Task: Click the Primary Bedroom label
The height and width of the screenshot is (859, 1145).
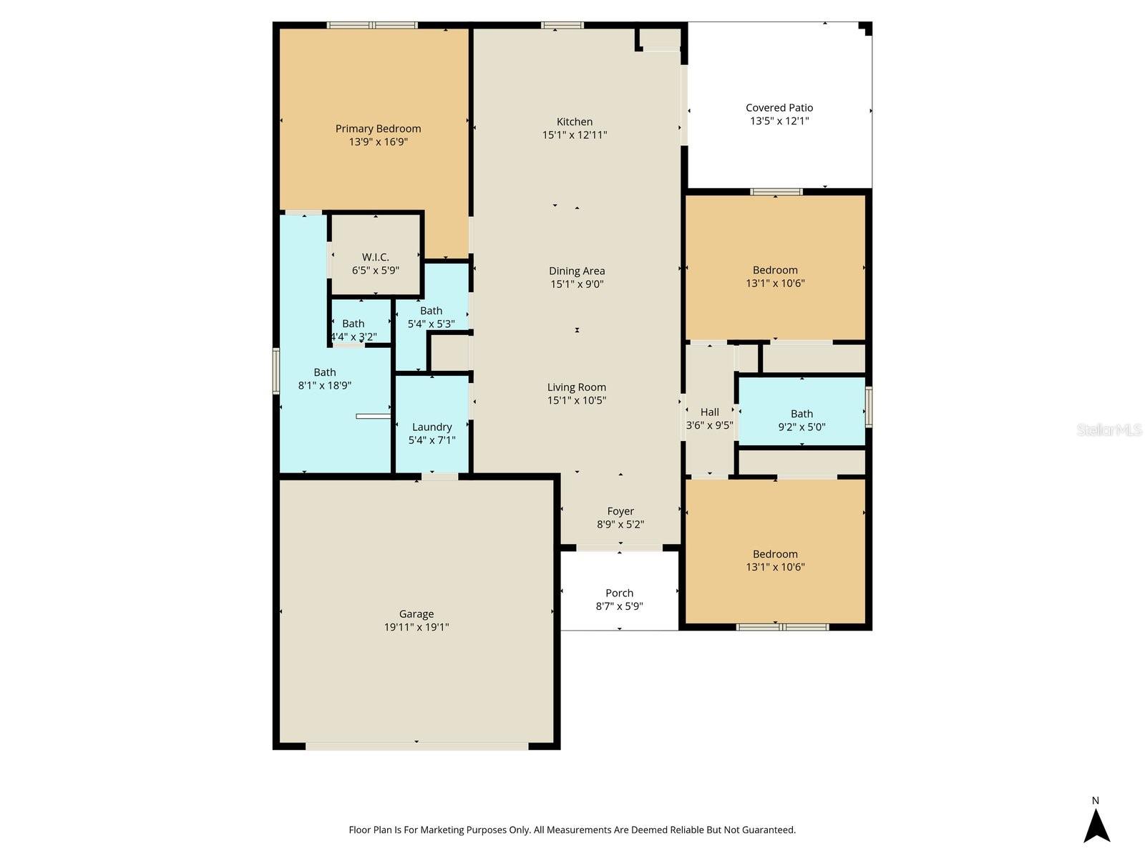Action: (378, 129)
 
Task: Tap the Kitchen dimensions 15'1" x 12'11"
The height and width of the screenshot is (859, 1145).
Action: (575, 135)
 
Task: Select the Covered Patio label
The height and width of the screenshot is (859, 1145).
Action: (779, 108)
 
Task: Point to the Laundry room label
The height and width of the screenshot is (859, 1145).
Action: (432, 427)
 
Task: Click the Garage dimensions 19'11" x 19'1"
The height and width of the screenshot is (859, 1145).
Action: (416, 627)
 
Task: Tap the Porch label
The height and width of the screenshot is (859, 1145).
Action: (619, 593)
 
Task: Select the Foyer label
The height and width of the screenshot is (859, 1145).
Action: (620, 511)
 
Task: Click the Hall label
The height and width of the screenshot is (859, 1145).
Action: (709, 412)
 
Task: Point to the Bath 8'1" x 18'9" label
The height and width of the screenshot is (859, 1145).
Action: (325, 372)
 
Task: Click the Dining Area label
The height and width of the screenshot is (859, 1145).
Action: (577, 271)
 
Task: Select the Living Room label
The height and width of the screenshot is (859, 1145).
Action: (577, 387)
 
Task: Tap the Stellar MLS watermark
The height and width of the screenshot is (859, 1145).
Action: (1109, 430)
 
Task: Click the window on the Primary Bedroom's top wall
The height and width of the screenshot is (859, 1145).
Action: (372, 26)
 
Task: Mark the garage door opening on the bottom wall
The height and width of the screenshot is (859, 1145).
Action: (416, 747)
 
